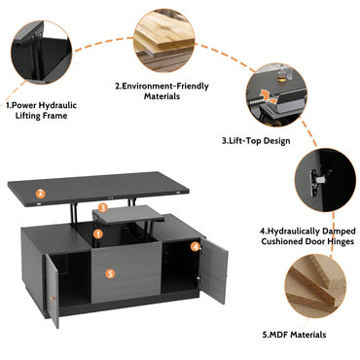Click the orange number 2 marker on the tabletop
[41, 193]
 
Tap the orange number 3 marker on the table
[102, 207]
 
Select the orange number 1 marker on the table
[97, 234]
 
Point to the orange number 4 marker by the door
[195, 247]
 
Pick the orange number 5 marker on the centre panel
[110, 274]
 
